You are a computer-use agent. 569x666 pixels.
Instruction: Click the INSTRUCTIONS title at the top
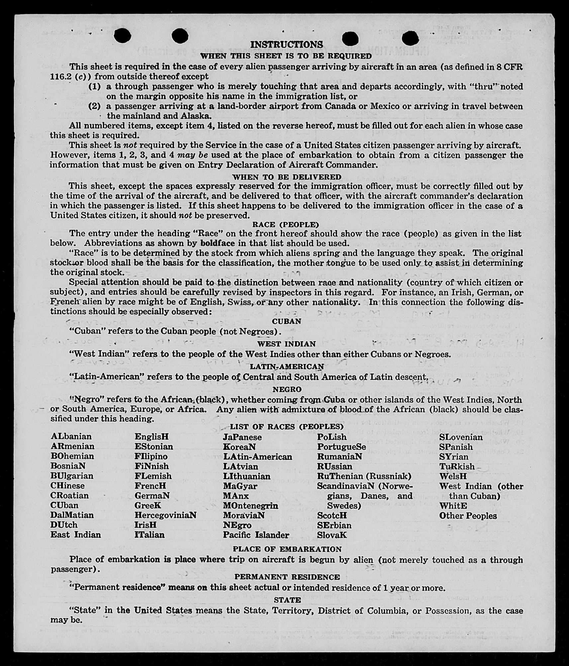286,45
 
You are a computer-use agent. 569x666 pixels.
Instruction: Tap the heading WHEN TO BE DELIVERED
286,177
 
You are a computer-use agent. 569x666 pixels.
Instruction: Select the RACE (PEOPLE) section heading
285,225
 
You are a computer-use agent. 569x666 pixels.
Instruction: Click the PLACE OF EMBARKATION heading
287,549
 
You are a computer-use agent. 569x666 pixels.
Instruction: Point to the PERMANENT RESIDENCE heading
287,577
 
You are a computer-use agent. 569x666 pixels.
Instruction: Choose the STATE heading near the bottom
287,600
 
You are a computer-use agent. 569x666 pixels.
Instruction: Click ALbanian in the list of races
71,436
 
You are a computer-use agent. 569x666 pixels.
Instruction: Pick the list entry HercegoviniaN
165,515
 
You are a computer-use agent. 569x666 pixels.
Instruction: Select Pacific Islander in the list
256,535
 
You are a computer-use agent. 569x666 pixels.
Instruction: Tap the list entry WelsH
453,476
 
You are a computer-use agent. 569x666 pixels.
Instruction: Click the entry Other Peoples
468,516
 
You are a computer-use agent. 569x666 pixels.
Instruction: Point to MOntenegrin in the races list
250,505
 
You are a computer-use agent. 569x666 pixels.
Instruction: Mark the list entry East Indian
75,534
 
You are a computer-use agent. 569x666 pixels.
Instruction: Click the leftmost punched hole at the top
122,36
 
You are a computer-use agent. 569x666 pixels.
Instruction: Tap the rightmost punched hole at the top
410,39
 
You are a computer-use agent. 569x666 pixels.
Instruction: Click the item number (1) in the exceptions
95,87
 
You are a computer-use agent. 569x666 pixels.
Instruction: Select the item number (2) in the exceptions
95,106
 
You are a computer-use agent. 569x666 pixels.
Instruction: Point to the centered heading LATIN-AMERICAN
287,366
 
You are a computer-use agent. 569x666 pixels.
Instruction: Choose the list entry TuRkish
457,466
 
